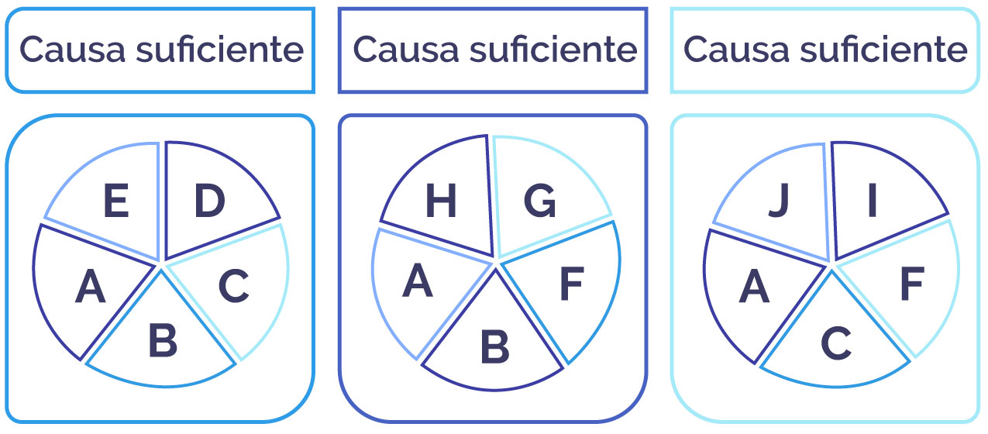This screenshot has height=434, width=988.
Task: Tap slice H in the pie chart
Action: (x=441, y=201)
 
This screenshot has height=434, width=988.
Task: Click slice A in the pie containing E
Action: (x=91, y=287)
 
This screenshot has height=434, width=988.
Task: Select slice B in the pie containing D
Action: (x=163, y=339)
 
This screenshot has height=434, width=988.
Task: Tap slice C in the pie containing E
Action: (x=234, y=286)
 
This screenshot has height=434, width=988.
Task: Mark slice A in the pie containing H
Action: (x=417, y=281)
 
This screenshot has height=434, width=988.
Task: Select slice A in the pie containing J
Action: (x=754, y=287)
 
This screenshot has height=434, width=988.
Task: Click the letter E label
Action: (x=115, y=201)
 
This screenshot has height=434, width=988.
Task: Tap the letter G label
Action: (x=540, y=201)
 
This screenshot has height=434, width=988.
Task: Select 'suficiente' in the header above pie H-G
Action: (x=553, y=49)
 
